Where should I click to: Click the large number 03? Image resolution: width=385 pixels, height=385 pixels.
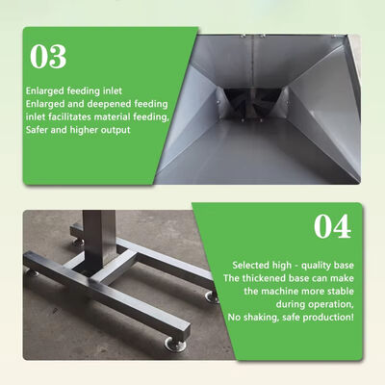tap(48, 57)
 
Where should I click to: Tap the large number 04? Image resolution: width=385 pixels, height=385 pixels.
tap(332, 226)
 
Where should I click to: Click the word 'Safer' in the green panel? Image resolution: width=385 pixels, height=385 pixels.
tap(37, 130)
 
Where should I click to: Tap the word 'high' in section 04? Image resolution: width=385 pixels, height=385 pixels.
tap(282, 266)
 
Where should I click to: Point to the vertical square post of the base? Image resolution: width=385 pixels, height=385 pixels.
tap(98, 239)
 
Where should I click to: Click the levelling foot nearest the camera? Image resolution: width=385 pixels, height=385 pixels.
tap(175, 344)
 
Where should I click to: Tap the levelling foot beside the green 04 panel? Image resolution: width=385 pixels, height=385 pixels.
tap(212, 296)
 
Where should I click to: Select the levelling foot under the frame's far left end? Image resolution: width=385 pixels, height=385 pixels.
tap(32, 272)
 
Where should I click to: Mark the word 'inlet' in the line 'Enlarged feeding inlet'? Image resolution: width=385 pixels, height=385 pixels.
tap(113, 90)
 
